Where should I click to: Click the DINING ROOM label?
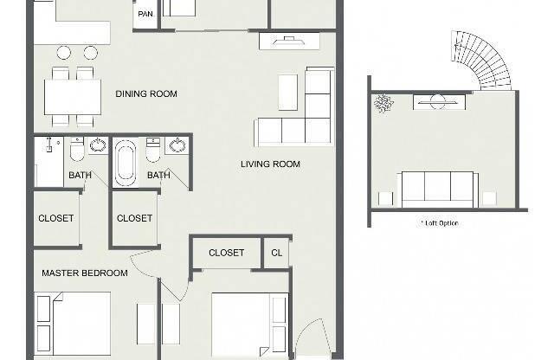[x=146, y=93]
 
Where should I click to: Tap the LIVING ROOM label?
[x=270, y=164]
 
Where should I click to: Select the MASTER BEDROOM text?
[x=85, y=273]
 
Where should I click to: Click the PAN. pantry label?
[x=145, y=14]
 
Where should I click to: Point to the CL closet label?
[x=277, y=253]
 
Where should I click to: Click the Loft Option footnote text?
[x=440, y=223]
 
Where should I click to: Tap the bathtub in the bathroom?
[x=126, y=161]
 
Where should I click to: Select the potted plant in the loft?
[x=383, y=103]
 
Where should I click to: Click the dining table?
[x=73, y=97]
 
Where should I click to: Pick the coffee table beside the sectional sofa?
[x=287, y=93]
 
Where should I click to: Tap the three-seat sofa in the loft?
[x=438, y=190]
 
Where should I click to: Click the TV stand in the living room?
[x=289, y=41]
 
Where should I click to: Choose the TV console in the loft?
[x=439, y=102]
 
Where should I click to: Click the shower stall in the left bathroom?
[x=48, y=162]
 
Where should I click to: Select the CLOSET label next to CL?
[x=226, y=253]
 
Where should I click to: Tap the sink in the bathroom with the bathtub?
[x=177, y=145]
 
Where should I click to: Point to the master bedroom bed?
[x=74, y=324]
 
